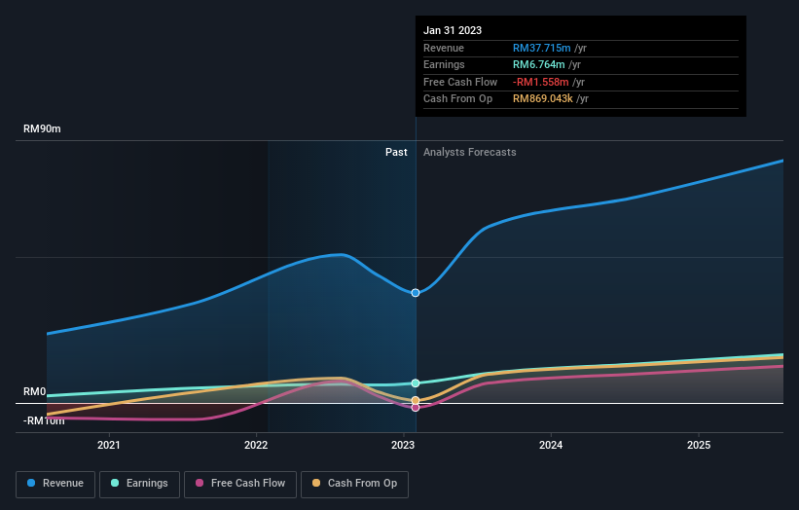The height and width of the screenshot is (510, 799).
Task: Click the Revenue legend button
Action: click(55, 483)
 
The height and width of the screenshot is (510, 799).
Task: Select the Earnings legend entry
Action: click(139, 483)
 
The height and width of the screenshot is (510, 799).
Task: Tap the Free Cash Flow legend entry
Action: click(241, 483)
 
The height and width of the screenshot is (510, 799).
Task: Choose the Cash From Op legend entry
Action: click(355, 483)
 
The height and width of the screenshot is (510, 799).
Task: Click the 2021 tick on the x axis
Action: click(109, 445)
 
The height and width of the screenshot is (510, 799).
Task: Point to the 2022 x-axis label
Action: click(256, 445)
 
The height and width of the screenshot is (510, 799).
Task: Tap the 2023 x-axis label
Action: click(403, 445)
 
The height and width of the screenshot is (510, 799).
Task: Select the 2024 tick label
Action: click(551, 445)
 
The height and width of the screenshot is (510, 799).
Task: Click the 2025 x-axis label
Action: click(698, 445)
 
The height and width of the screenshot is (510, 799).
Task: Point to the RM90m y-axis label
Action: click(42, 129)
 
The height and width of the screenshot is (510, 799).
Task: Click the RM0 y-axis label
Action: click(35, 391)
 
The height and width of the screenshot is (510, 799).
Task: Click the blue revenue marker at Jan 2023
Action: click(416, 292)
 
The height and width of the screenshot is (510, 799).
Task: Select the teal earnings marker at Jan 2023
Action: click(416, 383)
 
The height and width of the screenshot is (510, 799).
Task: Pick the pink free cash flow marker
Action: click(416, 407)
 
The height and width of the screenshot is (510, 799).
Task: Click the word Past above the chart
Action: click(396, 152)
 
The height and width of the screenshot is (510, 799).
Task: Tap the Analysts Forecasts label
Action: click(469, 152)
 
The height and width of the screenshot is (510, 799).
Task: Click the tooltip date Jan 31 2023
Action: click(453, 31)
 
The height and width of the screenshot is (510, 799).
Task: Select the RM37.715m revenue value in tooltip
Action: click(542, 48)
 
